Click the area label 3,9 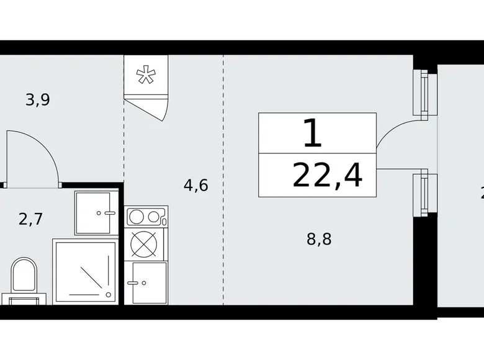tap(37, 99)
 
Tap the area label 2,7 tap(30, 218)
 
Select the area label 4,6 tap(195, 185)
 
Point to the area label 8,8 tap(319, 239)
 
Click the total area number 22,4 tap(327, 176)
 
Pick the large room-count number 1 tap(313, 133)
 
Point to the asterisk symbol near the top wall tap(146, 76)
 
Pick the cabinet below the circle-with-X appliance tap(146, 282)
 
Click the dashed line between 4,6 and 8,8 tap(224, 186)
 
